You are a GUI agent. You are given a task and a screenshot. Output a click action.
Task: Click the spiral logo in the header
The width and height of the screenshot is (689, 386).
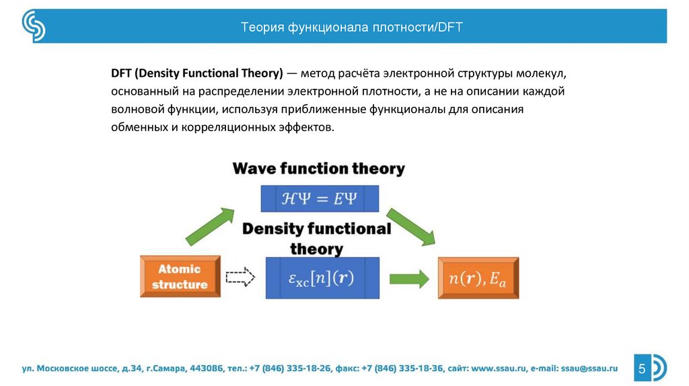click(34, 26)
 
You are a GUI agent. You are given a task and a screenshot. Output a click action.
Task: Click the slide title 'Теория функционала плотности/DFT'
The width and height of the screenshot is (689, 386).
click(351, 27)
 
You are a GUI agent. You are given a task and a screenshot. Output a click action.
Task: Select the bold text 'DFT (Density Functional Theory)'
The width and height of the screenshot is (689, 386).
click(197, 73)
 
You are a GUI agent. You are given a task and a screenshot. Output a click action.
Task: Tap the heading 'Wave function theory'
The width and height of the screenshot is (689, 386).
click(318, 169)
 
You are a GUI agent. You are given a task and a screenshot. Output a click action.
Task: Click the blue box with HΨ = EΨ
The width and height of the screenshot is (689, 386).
click(320, 198)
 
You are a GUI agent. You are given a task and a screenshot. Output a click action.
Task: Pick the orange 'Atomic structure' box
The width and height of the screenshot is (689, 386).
click(180, 276)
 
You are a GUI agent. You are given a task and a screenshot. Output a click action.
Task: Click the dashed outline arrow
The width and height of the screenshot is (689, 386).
click(240, 277)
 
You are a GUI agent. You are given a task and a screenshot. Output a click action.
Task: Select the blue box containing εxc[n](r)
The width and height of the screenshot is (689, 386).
click(322, 278)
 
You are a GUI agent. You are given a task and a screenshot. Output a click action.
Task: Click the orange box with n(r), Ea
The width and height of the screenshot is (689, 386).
click(478, 278)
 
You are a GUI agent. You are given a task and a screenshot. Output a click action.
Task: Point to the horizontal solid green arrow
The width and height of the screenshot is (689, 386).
click(409, 279)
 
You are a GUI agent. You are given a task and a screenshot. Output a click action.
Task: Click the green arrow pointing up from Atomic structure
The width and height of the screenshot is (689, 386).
click(210, 226)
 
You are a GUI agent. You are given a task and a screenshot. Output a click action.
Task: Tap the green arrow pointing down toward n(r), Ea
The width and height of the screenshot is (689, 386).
click(411, 227)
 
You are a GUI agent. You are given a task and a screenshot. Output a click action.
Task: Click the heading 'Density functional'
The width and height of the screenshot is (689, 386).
click(316, 229)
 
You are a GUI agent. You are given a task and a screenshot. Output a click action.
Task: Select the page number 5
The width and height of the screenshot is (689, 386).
click(642, 368)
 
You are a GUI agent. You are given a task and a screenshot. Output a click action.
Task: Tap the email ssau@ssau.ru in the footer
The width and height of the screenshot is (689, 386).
click(589, 369)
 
